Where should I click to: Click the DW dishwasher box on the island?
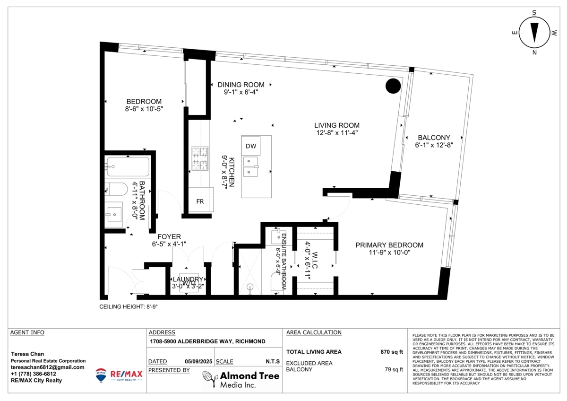(250, 146)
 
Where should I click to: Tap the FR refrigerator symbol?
(200, 201)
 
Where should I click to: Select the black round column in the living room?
(393, 86)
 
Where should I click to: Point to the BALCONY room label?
(434, 138)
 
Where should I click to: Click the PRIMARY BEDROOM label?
(389, 245)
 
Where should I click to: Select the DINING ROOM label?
(241, 85)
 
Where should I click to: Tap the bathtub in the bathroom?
(128, 166)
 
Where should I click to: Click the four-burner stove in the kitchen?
(200, 159)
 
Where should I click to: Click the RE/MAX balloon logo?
(101, 375)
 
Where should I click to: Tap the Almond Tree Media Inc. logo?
(241, 379)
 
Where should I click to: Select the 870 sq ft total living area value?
(392, 352)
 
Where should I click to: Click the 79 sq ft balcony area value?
(394, 370)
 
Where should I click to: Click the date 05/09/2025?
(198, 362)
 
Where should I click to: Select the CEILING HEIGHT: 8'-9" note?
(128, 307)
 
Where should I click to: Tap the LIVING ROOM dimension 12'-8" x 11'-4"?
(337, 133)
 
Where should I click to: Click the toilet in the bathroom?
(115, 190)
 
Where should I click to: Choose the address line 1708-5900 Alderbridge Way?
(206, 341)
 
